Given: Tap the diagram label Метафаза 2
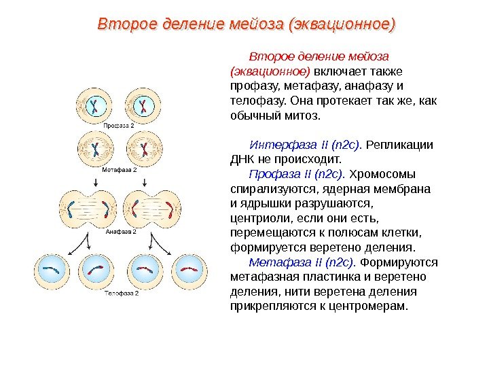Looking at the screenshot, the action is coord(120,169).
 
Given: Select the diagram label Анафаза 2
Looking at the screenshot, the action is coord(121,231).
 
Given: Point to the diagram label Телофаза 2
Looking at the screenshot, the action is coord(121,294).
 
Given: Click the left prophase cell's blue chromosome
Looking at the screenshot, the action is coord(96,105).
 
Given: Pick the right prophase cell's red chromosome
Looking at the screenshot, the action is coord(143,105).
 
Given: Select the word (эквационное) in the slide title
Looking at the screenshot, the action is coord(342,24).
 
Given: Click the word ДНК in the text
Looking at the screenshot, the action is coord(243,159).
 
